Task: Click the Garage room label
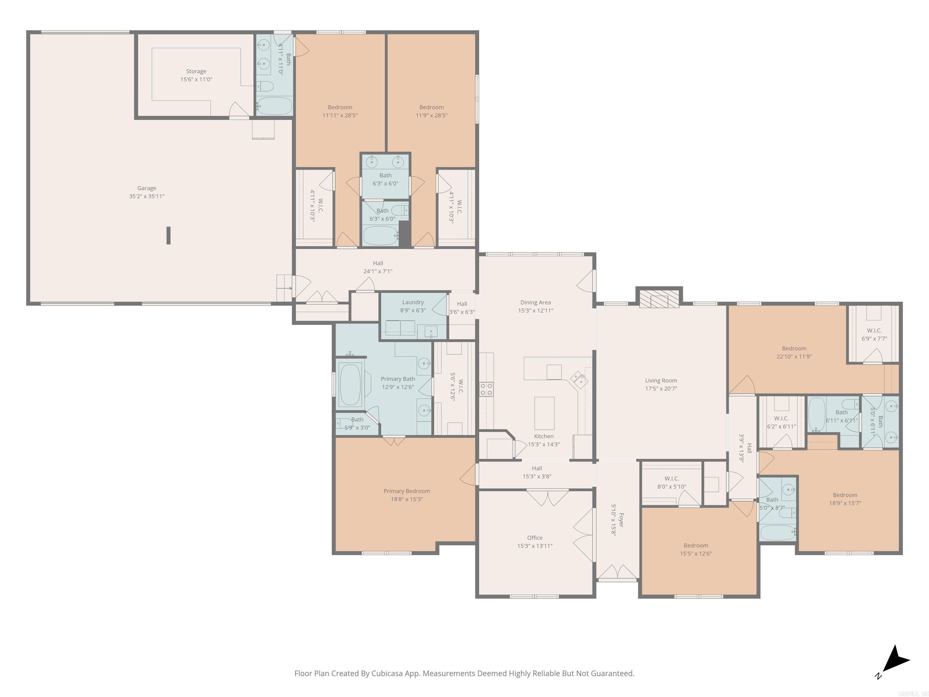coord(147,188)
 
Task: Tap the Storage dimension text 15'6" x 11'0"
coord(196,79)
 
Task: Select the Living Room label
coord(661,381)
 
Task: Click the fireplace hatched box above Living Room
coord(659,298)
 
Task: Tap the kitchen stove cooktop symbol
coord(486,389)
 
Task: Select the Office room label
coord(535,538)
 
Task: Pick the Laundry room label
coord(413,302)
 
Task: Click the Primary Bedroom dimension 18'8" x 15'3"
coord(406,499)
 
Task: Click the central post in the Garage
coord(168,235)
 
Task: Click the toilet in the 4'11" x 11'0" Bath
coord(265,87)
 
